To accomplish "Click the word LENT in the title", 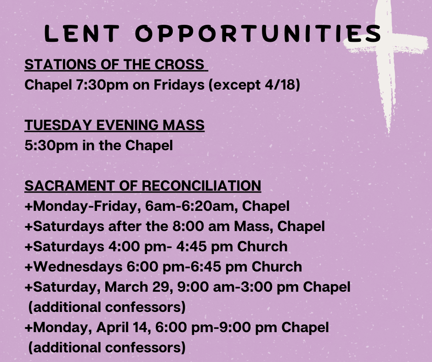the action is pyautogui.click(x=82, y=34).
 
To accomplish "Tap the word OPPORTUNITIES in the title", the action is pyautogui.click(x=258, y=34).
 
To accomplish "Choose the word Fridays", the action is pyautogui.click(x=179, y=85).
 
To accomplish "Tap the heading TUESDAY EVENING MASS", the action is pyautogui.click(x=114, y=125).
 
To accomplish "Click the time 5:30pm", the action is pyautogui.click(x=51, y=146).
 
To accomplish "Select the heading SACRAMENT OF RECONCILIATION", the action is pyautogui.click(x=143, y=186).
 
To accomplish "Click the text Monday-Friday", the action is pyautogui.click(x=85, y=206).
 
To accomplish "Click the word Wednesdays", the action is pyautogui.click(x=78, y=267).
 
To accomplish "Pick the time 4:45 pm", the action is pyautogui.click(x=191, y=247).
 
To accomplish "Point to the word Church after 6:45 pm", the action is pyautogui.click(x=277, y=267).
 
